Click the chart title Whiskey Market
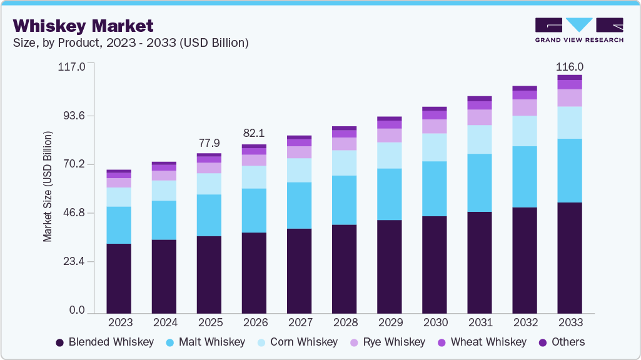[x=83, y=26]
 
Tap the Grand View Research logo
[x=578, y=29]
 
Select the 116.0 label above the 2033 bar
[x=570, y=67]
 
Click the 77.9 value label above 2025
[x=209, y=142]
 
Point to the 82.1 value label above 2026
[x=254, y=133]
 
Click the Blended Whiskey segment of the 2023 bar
[x=119, y=278]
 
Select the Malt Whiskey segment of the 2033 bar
[x=570, y=170]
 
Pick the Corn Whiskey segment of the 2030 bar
[x=435, y=147]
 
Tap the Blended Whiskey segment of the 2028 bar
[x=345, y=269]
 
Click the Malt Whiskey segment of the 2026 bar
[x=254, y=210]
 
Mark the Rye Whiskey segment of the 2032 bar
[x=525, y=107]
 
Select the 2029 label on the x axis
[x=390, y=322]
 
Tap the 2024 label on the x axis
[x=164, y=322]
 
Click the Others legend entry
[x=561, y=342]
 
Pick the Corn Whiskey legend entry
[x=296, y=342]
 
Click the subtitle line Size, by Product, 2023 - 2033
[x=131, y=43]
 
